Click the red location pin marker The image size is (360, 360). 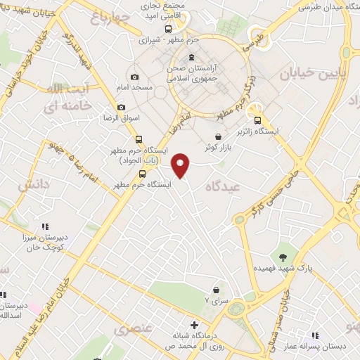181,165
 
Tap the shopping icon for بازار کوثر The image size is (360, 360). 219,136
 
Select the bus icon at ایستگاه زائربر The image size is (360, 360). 258,120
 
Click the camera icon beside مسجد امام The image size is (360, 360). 135,77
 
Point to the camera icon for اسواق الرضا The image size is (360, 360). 122,107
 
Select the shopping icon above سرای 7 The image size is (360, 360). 216,290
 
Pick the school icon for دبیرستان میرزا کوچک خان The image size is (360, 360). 44,226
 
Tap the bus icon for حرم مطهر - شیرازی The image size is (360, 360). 167,30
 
